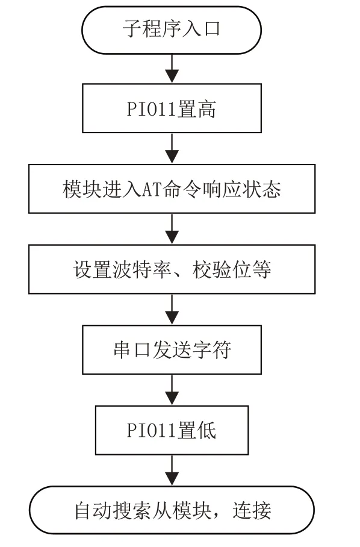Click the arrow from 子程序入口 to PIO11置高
click(172, 69)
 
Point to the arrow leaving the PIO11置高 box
click(172, 149)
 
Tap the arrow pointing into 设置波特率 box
click(172, 229)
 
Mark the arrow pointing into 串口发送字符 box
click(172, 310)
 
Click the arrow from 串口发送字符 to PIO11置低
click(172, 390)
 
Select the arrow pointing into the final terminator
click(172, 470)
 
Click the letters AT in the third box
click(152, 189)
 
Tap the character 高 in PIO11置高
click(206, 109)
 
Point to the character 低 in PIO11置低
click(206, 431)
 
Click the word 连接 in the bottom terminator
click(252, 511)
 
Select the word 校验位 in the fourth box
click(222, 270)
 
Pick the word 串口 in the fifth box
click(132, 350)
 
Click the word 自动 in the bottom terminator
click(93, 511)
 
